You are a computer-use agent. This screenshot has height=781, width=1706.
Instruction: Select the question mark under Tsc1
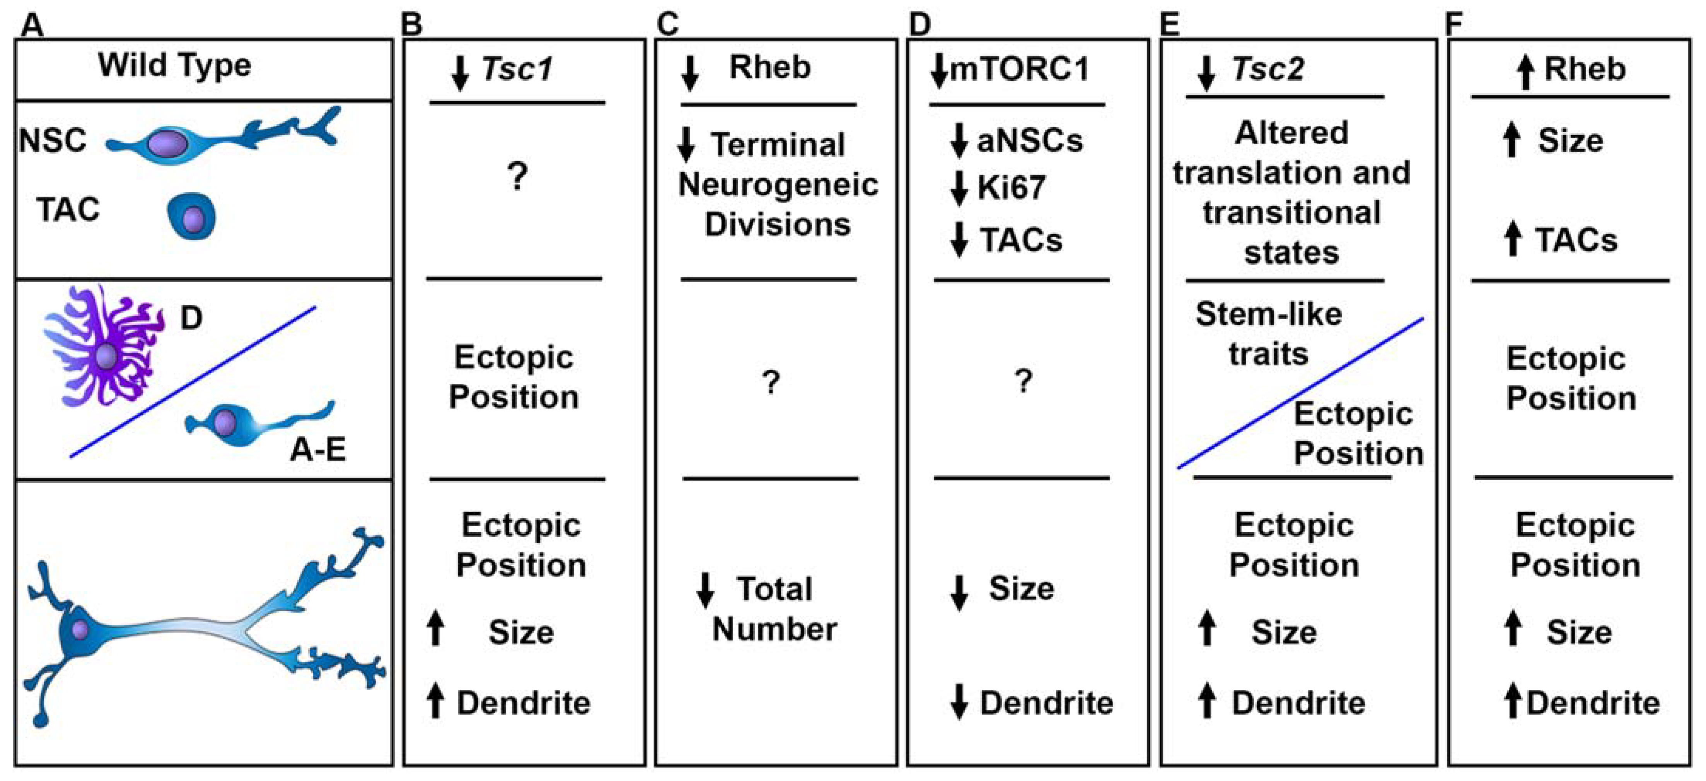click(x=517, y=178)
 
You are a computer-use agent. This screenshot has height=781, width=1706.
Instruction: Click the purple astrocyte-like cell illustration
click(x=105, y=348)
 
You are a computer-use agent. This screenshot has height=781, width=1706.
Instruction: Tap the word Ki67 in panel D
click(x=1011, y=188)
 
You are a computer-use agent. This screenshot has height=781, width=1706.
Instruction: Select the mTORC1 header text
click(x=1020, y=69)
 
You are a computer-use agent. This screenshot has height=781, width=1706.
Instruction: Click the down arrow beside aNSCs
click(x=958, y=140)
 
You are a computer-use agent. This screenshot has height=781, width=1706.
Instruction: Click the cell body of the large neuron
click(x=78, y=629)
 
